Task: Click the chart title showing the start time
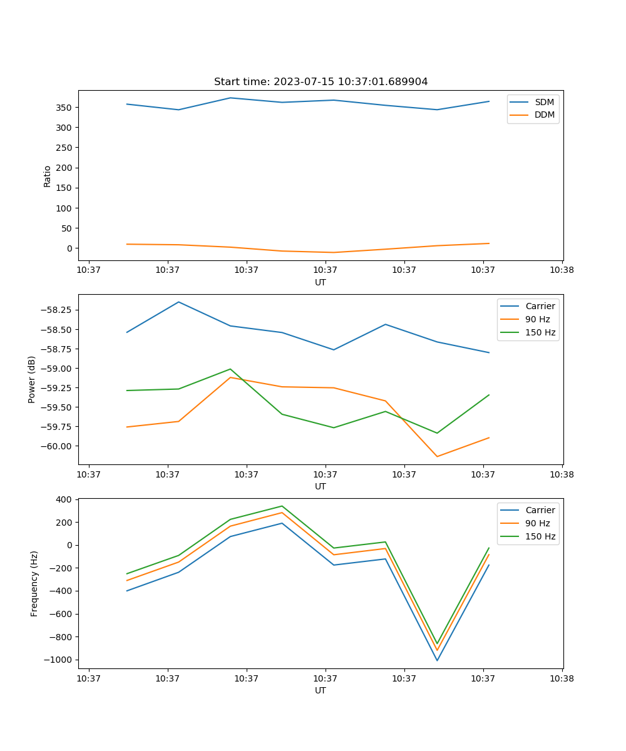(x=321, y=82)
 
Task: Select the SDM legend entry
(x=544, y=101)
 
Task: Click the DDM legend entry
(x=544, y=115)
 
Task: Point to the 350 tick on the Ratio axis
(x=65, y=108)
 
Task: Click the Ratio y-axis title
(x=48, y=176)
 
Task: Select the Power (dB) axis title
(x=32, y=379)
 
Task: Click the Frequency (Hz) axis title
(x=34, y=583)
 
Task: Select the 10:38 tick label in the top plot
(x=562, y=270)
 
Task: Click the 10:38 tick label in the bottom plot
(x=562, y=678)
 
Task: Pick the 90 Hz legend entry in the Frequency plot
(x=538, y=523)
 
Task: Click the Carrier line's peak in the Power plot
(x=178, y=302)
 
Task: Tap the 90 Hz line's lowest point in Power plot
(x=437, y=456)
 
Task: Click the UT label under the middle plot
(x=321, y=486)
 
